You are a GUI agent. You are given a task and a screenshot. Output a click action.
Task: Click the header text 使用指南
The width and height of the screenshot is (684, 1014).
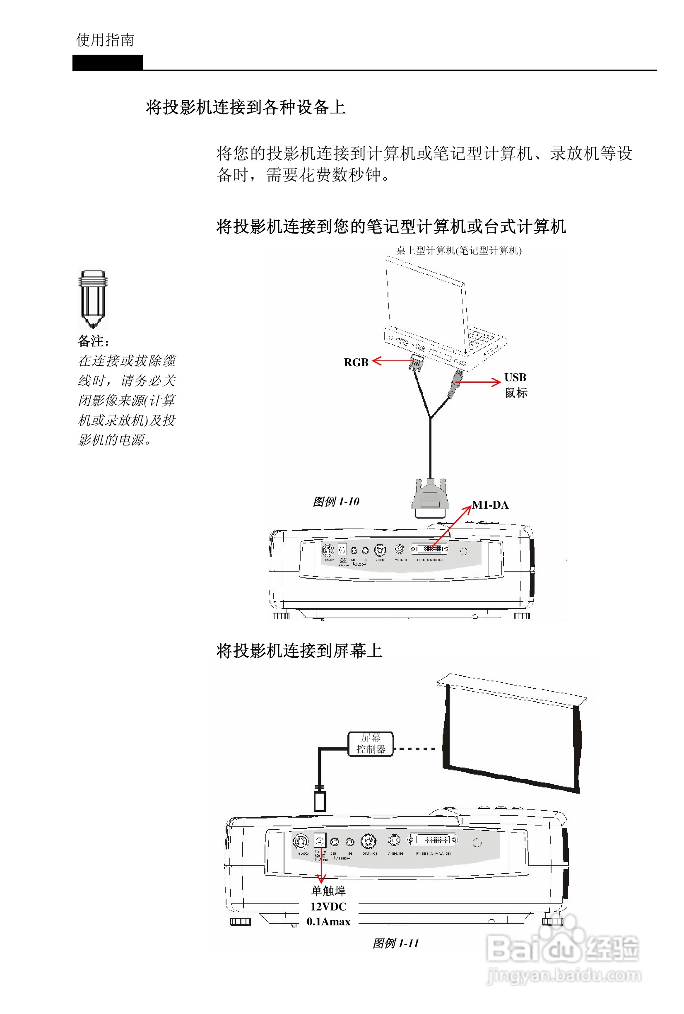click(105, 40)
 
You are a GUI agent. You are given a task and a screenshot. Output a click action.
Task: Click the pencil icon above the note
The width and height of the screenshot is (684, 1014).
click(93, 299)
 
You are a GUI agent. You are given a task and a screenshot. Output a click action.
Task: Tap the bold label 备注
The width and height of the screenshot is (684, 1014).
click(93, 341)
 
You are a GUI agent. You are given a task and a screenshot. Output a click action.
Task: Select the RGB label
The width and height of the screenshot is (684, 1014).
click(356, 362)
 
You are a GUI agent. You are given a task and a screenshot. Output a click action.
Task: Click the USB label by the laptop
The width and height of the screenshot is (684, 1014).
click(515, 377)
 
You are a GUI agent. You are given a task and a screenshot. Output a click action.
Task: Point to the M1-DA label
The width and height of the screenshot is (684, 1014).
click(491, 505)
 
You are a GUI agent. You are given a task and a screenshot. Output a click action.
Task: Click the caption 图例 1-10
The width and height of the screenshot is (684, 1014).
click(336, 502)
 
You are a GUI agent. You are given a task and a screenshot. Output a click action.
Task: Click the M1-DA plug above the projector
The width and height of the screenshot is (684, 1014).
click(431, 497)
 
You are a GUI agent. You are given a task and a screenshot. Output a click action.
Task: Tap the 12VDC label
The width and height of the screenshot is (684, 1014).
click(328, 907)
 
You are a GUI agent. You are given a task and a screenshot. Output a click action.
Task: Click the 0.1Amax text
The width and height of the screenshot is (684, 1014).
click(328, 922)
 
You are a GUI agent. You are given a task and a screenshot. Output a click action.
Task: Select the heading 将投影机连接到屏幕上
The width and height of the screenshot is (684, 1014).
click(299, 651)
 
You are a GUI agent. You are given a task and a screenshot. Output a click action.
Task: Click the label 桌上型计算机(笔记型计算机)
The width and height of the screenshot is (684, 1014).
click(459, 251)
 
